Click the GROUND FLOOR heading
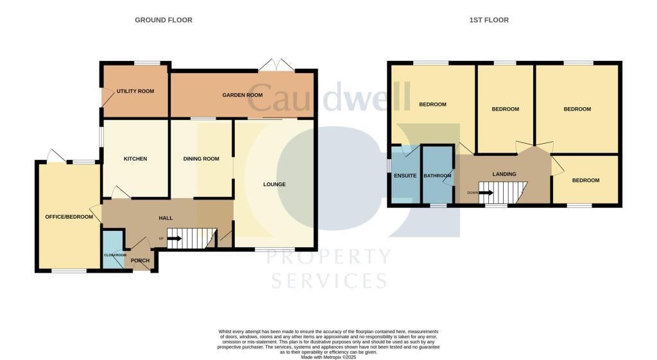coord(163,20)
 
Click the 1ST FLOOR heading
coord(488,20)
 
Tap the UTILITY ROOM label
coord(135,91)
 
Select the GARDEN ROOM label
coord(243,95)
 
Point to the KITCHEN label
coord(135,159)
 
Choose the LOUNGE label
coord(274,184)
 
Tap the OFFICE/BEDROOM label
coord(69,217)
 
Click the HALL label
coord(166,218)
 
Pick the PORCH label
coord(140,260)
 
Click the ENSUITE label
coord(405,175)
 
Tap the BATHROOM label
coord(438,175)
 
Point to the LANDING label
coord(504,174)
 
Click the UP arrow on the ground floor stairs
coord(174,239)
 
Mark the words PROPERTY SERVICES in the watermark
coord(328,269)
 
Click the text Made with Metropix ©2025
coord(328,357)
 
